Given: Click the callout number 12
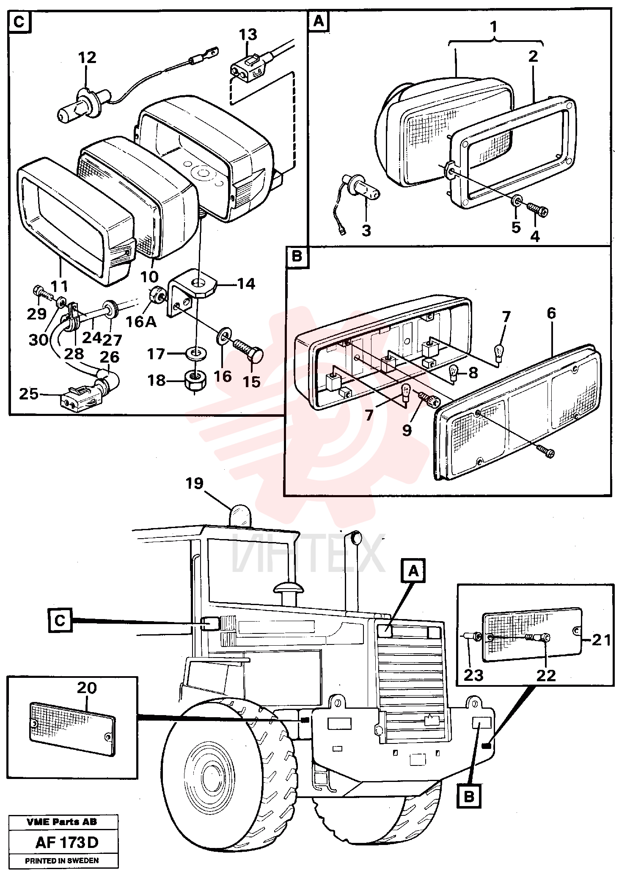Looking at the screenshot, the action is [x=87, y=58].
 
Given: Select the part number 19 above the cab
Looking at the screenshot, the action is [x=195, y=483].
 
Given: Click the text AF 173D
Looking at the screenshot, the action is [x=67, y=842].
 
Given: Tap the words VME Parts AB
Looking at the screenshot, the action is [x=62, y=822].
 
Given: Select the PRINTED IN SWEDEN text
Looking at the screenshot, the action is [x=62, y=861].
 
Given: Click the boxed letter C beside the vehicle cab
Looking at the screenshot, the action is [x=60, y=621].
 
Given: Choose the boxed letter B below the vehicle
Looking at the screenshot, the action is [x=469, y=797].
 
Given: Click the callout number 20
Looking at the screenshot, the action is [x=87, y=688].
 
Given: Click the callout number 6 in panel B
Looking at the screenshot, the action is [x=551, y=313].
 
